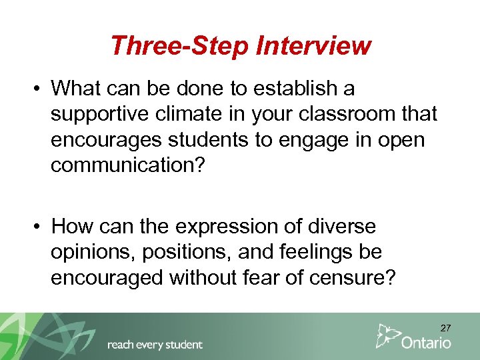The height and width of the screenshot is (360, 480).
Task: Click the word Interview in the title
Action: coord(313,45)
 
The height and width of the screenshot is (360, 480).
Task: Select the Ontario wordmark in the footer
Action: coord(426,343)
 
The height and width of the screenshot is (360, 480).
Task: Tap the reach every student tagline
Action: coord(155,345)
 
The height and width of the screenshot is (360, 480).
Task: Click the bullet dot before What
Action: coord(39,89)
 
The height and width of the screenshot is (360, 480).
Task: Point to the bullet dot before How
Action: coord(39,227)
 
